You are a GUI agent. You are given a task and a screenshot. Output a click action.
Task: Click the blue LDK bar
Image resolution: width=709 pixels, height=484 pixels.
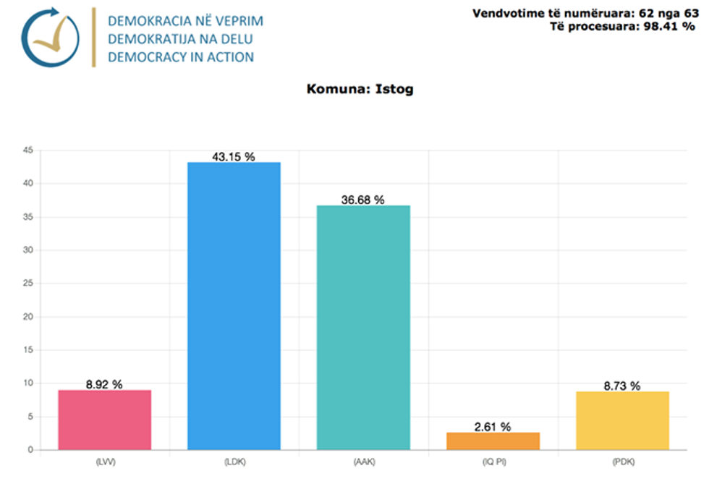click(x=234, y=305)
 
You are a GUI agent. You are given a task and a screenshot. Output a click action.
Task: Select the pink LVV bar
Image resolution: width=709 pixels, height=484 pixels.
click(x=104, y=420)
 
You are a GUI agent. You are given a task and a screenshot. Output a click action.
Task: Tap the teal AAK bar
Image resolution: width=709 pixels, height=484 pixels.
click(x=363, y=327)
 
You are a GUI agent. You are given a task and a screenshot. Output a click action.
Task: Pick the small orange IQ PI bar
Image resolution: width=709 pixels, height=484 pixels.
click(x=493, y=441)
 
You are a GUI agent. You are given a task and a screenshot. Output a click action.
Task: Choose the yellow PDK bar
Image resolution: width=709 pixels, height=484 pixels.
click(x=622, y=420)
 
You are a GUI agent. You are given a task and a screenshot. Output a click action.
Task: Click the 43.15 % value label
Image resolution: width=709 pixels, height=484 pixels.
click(x=233, y=156)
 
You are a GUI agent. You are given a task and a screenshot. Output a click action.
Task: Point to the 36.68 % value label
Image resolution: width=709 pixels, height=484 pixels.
click(x=362, y=200)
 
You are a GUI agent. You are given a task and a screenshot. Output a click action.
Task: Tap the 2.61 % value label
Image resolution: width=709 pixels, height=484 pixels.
click(x=493, y=427)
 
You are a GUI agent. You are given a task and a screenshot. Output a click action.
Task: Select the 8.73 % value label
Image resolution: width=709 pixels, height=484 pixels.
click(x=622, y=386)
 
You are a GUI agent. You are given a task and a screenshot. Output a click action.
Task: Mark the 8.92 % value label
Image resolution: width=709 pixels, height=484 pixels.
click(x=104, y=385)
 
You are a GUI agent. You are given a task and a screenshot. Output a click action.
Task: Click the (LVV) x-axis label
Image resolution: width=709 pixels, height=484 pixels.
click(x=104, y=460)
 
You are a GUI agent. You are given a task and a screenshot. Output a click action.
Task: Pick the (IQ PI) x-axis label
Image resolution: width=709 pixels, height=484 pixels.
click(x=493, y=460)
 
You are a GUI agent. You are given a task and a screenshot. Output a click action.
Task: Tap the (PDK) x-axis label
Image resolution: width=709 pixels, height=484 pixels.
click(x=622, y=460)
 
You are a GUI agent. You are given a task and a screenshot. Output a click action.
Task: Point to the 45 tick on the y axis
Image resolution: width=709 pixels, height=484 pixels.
click(x=28, y=150)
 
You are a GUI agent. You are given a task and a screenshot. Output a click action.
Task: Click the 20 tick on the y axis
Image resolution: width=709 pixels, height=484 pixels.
click(x=28, y=317)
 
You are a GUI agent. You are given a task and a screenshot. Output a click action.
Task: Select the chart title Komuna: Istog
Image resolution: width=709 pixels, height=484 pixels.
click(x=360, y=90)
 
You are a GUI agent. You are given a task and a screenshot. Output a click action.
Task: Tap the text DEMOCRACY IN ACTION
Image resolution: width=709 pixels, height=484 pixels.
click(x=181, y=56)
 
